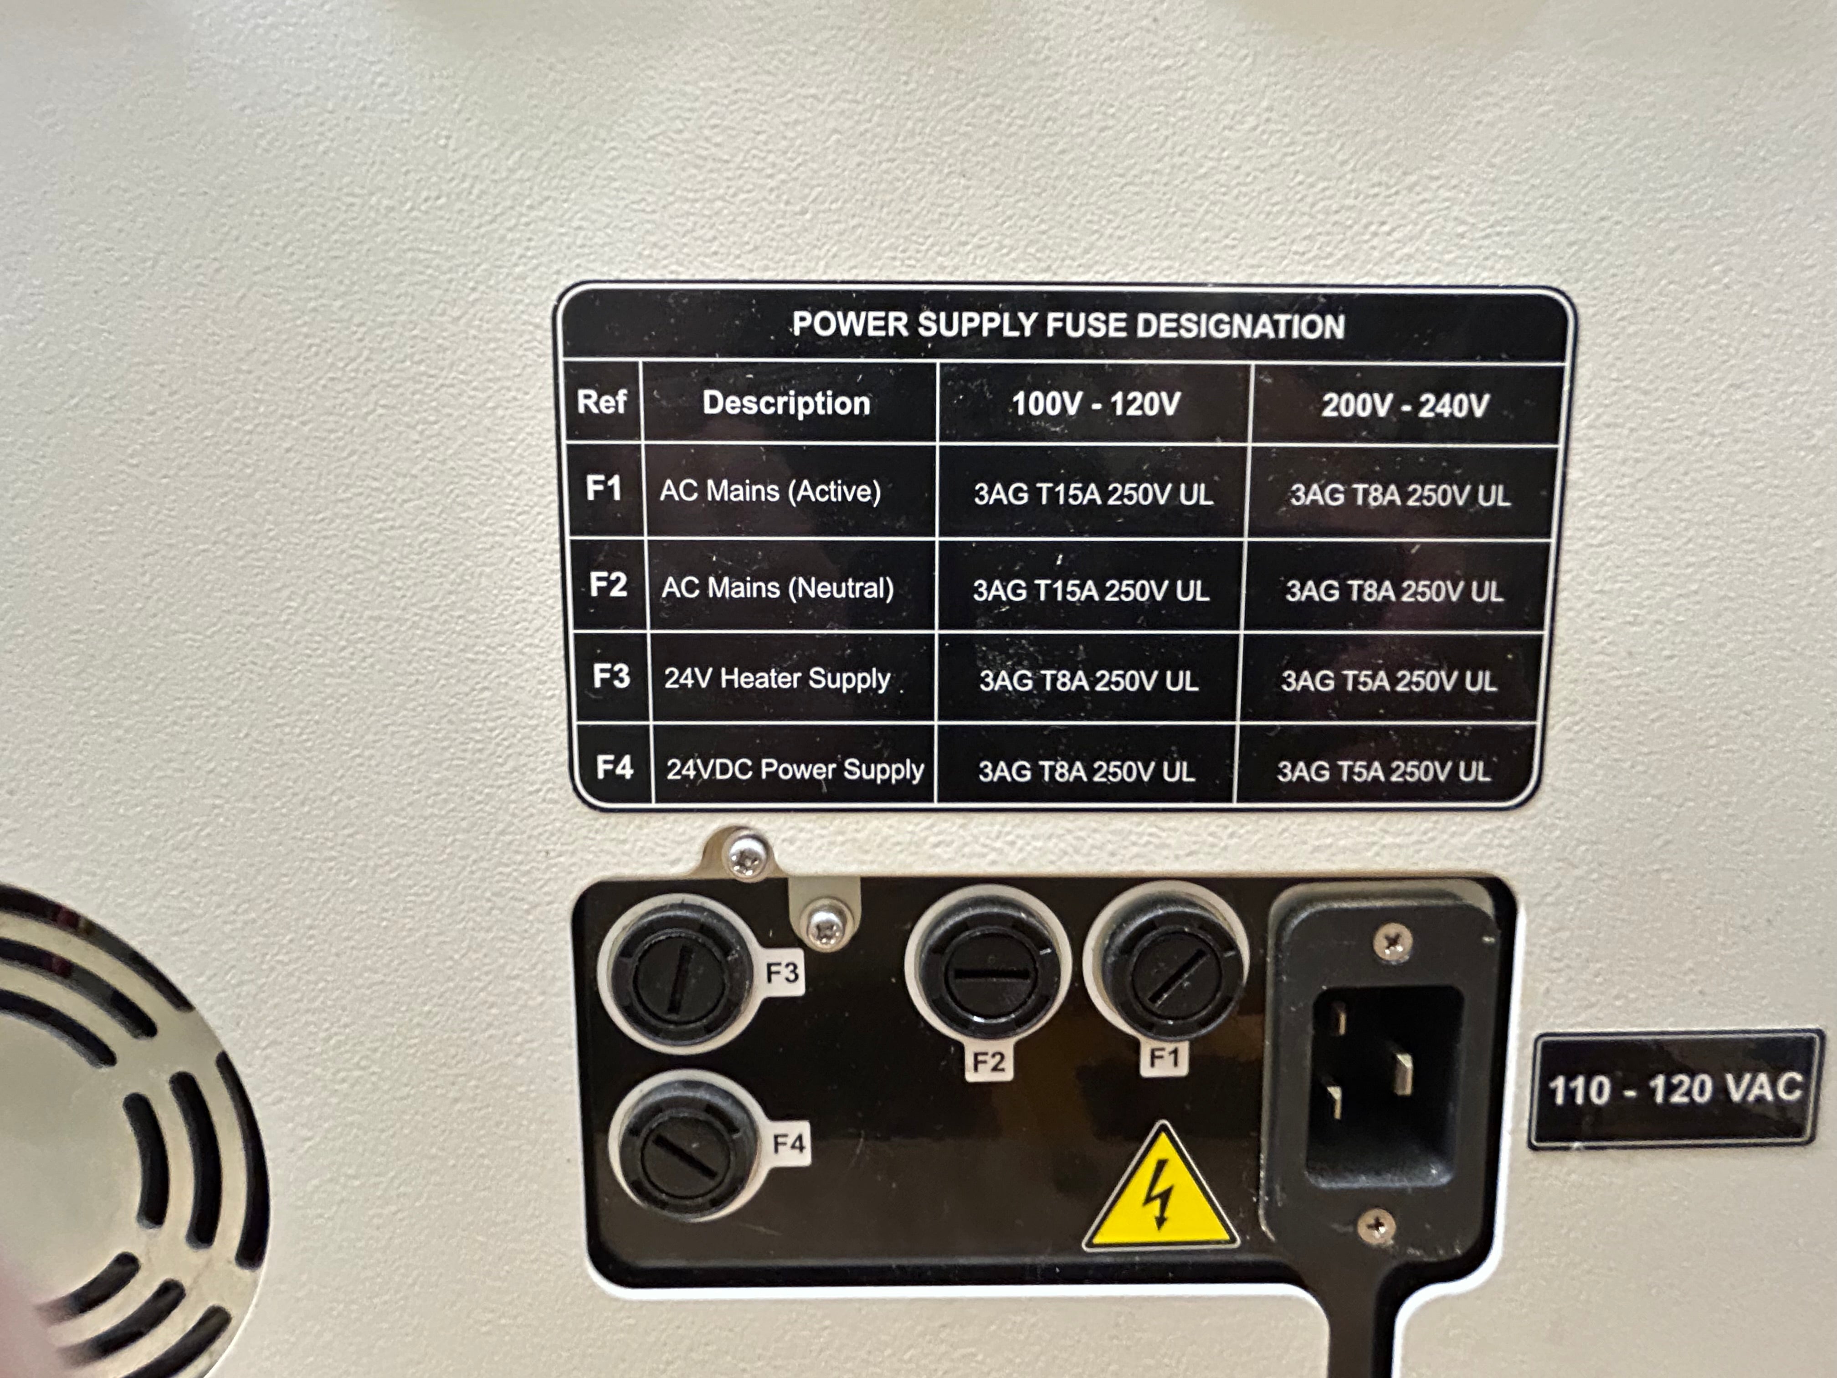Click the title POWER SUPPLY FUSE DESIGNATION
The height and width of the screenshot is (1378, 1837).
coord(1068,325)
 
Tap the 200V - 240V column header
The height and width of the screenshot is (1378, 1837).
coord(1404,406)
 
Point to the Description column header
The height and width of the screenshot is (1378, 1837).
coord(785,403)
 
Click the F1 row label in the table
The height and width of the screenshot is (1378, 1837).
coord(604,488)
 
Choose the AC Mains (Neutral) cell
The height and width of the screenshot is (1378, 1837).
coord(777,588)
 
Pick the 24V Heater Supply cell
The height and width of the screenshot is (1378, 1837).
coord(776,679)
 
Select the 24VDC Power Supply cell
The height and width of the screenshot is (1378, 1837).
coord(795,769)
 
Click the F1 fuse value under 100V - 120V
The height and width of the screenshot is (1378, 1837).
coord(1093,495)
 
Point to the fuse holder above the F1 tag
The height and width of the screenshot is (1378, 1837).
coord(1166,963)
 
